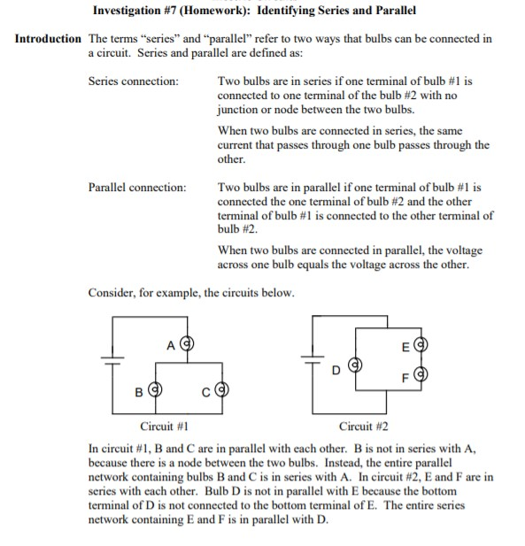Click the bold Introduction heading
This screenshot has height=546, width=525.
coord(46,40)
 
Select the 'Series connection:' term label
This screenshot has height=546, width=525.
coord(133,81)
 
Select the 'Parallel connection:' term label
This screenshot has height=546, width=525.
coord(137,188)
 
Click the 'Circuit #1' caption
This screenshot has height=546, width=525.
coord(143,426)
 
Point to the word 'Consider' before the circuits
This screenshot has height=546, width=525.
coord(110,293)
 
